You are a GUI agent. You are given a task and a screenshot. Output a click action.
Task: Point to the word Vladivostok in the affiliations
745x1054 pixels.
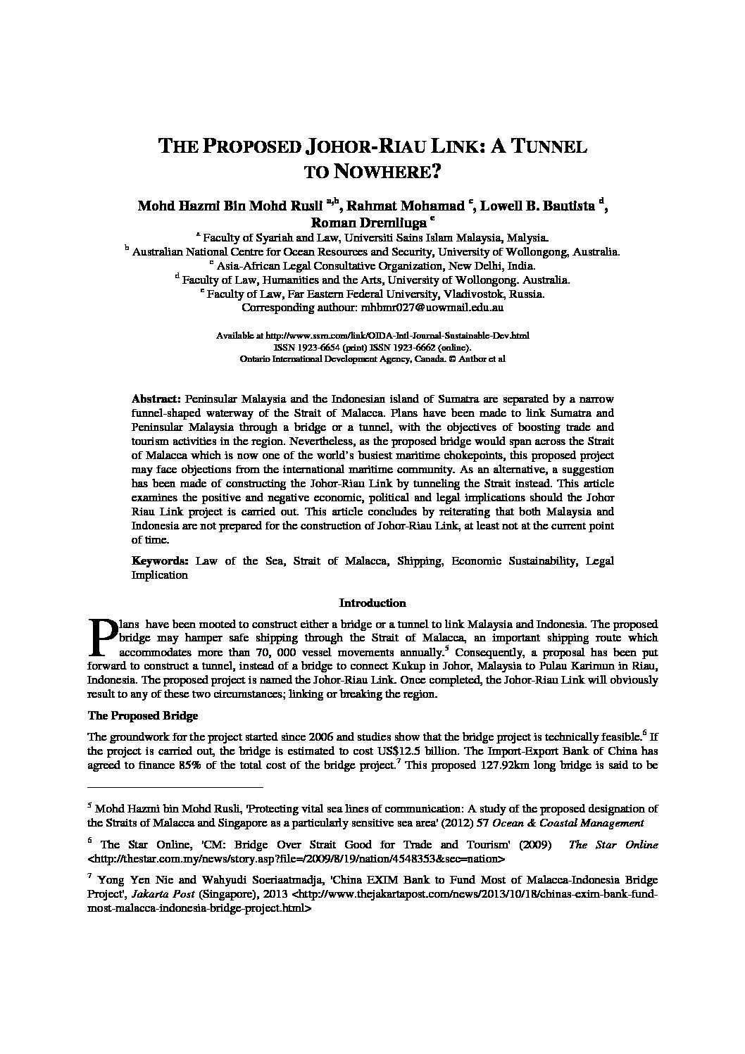pyautogui.click(x=480, y=294)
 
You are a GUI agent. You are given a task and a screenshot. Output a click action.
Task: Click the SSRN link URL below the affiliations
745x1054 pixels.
pyautogui.click(x=403, y=336)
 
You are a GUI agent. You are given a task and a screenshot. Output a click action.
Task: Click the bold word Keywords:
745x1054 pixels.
pyautogui.click(x=160, y=561)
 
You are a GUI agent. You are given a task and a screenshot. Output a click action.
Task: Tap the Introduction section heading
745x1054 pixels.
pyautogui.click(x=372, y=603)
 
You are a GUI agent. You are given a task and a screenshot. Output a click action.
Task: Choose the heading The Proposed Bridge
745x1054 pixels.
pyautogui.click(x=142, y=716)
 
